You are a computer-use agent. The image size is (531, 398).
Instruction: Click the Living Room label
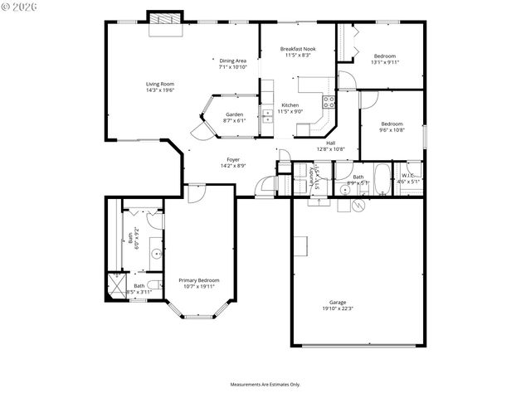(160, 84)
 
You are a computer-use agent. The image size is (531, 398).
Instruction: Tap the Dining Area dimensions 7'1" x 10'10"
(232, 67)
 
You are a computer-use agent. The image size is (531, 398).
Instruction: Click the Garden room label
(234, 114)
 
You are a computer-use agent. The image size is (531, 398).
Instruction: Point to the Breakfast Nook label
(298, 49)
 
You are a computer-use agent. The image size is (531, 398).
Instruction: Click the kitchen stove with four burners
(329, 104)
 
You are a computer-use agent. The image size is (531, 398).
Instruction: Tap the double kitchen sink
(267, 116)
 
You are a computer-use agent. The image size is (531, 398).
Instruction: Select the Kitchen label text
(290, 105)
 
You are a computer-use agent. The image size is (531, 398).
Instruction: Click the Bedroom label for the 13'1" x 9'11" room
(385, 56)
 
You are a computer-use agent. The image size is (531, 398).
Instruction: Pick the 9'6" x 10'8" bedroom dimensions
(391, 129)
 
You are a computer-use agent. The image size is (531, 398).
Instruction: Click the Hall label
(330, 143)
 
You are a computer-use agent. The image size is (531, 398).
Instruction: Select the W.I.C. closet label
(408, 175)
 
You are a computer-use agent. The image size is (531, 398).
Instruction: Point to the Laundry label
(317, 179)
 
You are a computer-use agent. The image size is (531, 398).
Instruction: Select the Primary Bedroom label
(199, 280)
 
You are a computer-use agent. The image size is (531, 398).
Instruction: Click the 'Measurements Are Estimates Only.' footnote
(265, 384)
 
